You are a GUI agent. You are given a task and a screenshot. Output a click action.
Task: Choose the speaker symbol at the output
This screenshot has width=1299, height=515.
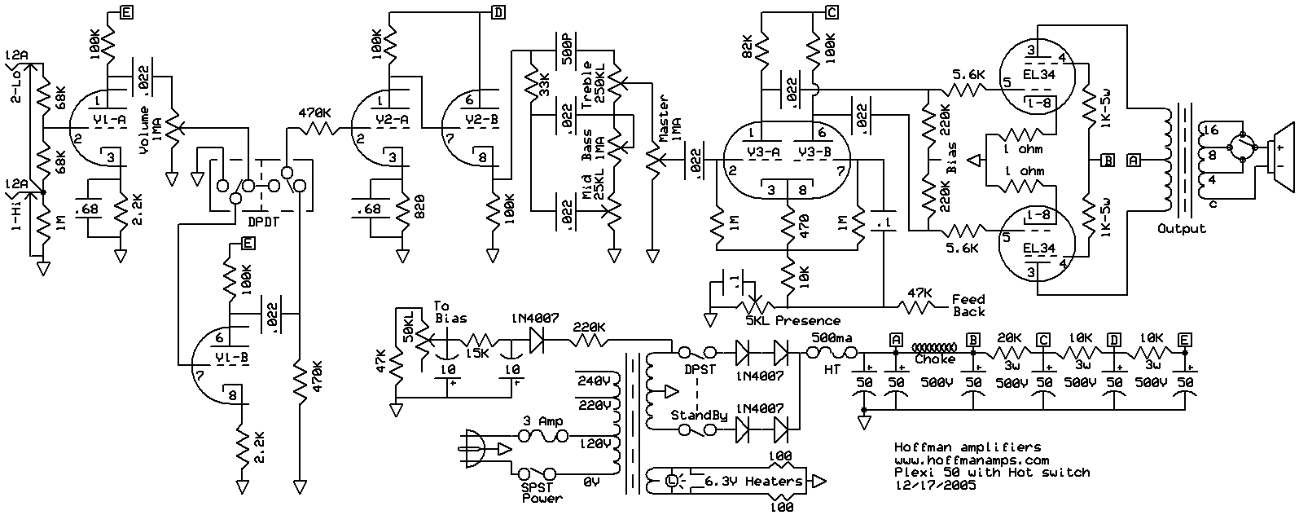click(1281, 157)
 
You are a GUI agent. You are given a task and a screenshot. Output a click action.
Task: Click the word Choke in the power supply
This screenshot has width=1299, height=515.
click(935, 359)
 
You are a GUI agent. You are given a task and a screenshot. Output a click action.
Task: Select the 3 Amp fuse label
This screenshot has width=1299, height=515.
click(542, 421)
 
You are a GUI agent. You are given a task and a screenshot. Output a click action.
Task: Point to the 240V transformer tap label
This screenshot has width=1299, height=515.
click(594, 381)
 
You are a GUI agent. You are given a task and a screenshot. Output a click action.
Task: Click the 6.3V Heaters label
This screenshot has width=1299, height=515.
click(753, 481)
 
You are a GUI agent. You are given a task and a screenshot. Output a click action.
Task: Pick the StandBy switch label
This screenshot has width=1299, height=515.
click(699, 416)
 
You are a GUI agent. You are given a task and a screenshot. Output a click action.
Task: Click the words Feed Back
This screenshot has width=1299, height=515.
click(968, 305)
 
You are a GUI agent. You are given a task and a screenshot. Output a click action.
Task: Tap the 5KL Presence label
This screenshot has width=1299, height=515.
click(792, 321)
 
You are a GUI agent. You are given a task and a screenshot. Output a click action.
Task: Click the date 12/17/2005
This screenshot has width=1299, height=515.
click(935, 485)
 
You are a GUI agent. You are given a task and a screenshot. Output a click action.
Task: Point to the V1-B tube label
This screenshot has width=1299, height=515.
click(232, 358)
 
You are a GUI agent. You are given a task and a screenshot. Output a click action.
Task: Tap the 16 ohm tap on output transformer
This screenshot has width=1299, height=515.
click(1211, 130)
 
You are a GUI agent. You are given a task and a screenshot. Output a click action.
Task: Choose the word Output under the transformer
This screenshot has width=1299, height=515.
click(1181, 228)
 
